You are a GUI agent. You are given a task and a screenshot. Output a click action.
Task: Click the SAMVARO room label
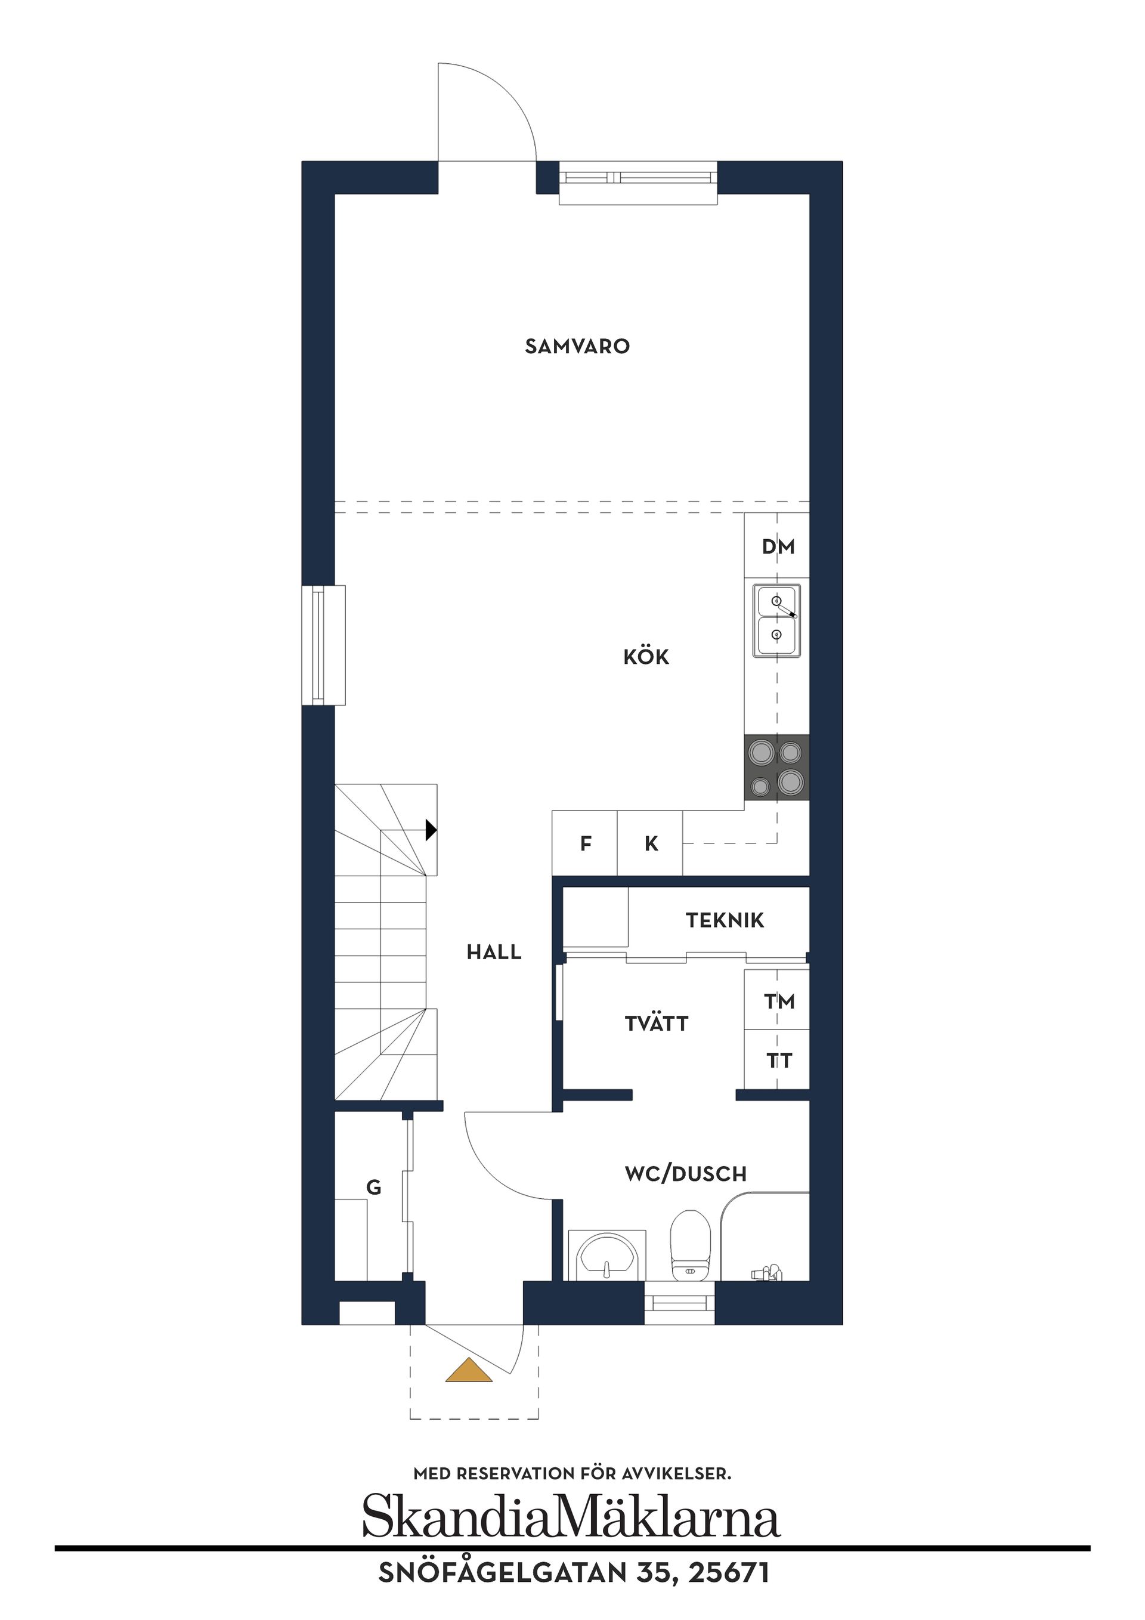coord(577,347)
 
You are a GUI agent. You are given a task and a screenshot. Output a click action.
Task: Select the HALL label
coord(494,953)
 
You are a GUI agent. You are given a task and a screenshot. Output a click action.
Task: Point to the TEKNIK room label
coord(725,920)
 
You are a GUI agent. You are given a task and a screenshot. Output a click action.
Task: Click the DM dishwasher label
coord(778,547)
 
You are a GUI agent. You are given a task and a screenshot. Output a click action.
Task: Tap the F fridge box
coord(585,843)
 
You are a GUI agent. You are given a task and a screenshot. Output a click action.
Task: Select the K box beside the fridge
coord(650,843)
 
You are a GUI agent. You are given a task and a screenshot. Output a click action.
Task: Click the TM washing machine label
coord(779,1001)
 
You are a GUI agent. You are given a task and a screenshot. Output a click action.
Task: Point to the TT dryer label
coord(779,1061)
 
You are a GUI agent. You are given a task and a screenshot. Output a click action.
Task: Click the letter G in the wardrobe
coord(374,1188)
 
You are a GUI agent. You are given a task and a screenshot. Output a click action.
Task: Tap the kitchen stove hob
coord(776,768)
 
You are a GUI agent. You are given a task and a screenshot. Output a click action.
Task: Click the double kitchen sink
coord(776,620)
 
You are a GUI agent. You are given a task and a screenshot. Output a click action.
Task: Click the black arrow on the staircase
coord(431,830)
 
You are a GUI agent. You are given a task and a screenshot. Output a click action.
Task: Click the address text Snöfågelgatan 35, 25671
coord(574,1574)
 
